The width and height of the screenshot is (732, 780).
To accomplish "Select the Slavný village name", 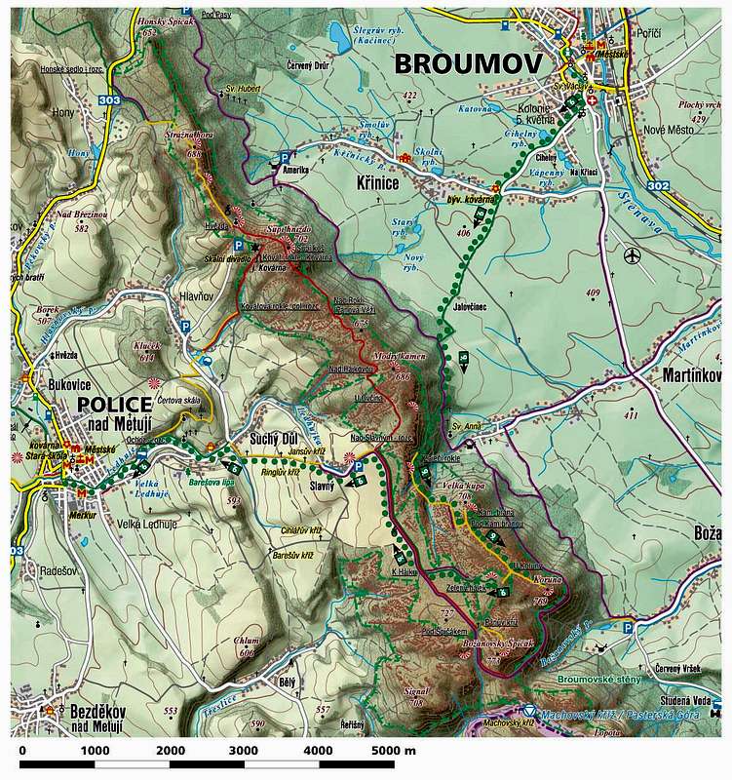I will pyautogui.click(x=322, y=486).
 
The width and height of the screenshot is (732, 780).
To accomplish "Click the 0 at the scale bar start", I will pyautogui.click(x=22, y=750).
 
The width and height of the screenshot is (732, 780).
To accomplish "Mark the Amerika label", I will pyautogui.click(x=296, y=169).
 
